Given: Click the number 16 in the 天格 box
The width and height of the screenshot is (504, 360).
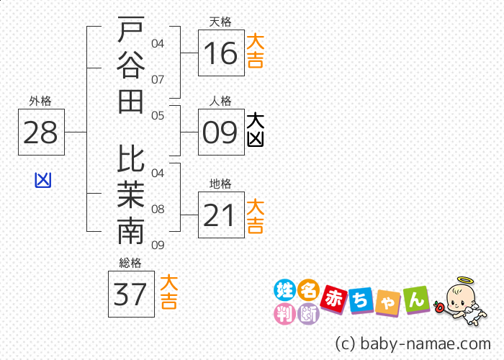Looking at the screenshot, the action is pyautogui.click(x=220, y=53).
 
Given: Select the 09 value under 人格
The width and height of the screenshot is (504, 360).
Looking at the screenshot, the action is pyautogui.click(x=220, y=132).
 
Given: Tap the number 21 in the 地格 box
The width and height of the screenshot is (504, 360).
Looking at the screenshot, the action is pyautogui.click(x=219, y=215).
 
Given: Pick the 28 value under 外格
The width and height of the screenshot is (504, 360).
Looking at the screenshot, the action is pyautogui.click(x=40, y=132).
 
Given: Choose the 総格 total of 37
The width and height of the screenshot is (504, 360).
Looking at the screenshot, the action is pyautogui.click(x=130, y=294).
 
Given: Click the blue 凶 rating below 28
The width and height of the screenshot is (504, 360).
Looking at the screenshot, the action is pyautogui.click(x=43, y=180).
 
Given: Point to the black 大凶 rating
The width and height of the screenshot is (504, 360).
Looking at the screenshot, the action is pyautogui.click(x=256, y=130).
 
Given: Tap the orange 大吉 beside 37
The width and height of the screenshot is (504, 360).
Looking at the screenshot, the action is pyautogui.click(x=168, y=292).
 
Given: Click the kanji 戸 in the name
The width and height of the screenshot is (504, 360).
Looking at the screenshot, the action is pyautogui.click(x=131, y=30).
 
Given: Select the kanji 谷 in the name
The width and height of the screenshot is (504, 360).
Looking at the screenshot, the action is pyautogui.click(x=131, y=66).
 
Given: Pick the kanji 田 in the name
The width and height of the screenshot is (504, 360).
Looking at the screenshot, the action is pyautogui.click(x=130, y=102).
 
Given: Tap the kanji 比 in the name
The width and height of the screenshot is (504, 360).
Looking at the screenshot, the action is pyautogui.click(x=131, y=158).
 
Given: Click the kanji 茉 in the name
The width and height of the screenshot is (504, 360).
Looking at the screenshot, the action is pyautogui.click(x=131, y=194).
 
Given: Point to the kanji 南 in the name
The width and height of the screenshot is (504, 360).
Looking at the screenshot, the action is pyautogui.click(x=131, y=230).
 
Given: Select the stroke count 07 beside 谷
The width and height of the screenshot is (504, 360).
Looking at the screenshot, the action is pyautogui.click(x=158, y=79).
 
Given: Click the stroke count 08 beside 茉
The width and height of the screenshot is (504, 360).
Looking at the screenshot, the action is pyautogui.click(x=158, y=210).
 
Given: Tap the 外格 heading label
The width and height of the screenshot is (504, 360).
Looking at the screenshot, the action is pyautogui.click(x=40, y=102).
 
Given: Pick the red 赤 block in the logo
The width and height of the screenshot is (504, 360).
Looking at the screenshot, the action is pyautogui.click(x=334, y=300).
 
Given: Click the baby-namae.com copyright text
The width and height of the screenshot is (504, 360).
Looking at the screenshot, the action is pyautogui.click(x=413, y=343).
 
